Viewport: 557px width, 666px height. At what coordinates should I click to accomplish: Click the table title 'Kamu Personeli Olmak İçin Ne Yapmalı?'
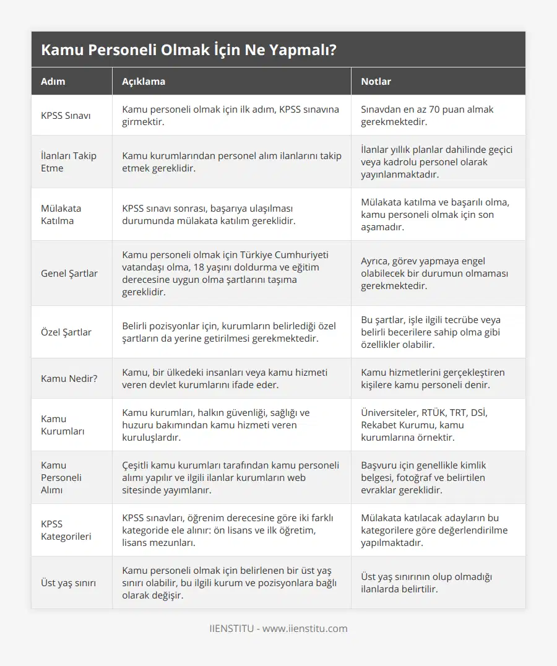point(189,50)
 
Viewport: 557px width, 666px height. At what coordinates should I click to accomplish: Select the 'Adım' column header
point(53,81)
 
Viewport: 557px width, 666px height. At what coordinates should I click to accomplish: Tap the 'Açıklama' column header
point(144,81)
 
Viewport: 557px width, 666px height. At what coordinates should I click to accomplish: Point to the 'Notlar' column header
point(376,81)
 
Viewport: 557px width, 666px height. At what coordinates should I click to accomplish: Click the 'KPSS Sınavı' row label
point(66,115)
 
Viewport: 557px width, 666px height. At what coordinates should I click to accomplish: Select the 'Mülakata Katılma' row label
point(61,214)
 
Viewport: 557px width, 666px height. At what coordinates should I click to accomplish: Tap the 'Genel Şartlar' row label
point(69,273)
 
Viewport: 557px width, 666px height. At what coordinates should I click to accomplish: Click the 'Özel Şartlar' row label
point(66,332)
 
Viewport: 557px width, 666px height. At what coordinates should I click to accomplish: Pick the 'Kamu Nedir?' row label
point(69,378)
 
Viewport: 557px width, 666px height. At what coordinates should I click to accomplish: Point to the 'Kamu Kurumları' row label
point(62,425)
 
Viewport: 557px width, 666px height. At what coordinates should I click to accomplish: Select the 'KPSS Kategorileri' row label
point(66,530)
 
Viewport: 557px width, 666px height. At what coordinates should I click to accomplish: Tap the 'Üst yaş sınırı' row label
point(68,582)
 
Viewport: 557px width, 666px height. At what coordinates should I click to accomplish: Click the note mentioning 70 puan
point(427,115)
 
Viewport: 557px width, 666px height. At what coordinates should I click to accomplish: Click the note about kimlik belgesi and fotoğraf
point(423,477)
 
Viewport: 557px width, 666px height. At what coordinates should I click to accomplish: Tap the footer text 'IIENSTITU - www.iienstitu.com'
point(278,628)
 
